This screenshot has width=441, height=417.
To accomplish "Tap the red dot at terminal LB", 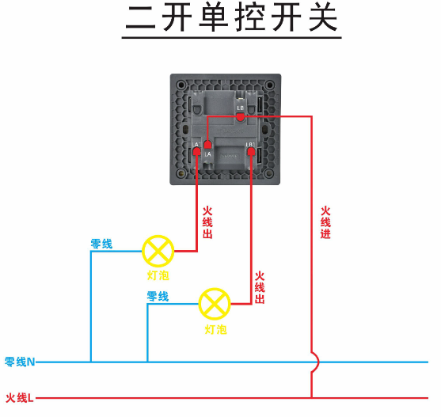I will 240,117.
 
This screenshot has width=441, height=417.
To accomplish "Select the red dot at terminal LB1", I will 251,153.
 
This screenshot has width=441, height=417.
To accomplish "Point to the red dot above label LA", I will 207,145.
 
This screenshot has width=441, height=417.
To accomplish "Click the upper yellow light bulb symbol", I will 158,252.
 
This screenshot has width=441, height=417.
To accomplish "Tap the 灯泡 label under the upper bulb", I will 158,276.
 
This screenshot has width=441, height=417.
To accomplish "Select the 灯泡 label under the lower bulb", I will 215,329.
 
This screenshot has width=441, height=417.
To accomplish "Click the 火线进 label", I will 325,223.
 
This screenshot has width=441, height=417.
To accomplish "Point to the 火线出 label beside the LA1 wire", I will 207,223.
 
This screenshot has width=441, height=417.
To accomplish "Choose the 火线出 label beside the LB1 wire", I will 260,288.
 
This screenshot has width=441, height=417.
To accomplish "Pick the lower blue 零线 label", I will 158,297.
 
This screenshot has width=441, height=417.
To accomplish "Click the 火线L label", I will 20,398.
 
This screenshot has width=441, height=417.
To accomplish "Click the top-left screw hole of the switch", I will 182,83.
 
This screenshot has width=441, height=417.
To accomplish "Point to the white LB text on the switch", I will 240,107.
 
